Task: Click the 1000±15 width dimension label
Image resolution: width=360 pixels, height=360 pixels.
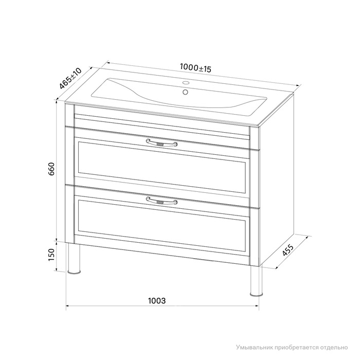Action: [x=195, y=68]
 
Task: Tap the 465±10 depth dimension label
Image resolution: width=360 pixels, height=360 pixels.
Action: [x=70, y=79]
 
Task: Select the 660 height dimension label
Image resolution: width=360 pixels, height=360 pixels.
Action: [x=51, y=169]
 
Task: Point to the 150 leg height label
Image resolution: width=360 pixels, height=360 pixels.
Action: [x=51, y=255]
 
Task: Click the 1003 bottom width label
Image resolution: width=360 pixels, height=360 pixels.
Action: [x=157, y=301]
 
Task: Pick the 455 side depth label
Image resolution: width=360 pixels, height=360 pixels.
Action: [x=287, y=250]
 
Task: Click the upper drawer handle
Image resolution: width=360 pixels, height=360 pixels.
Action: [x=161, y=143]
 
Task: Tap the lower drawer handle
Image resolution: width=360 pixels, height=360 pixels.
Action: [x=161, y=201]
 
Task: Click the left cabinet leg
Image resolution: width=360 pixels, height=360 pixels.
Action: [x=74, y=259]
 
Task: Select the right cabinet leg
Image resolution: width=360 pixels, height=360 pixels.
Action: [x=256, y=281]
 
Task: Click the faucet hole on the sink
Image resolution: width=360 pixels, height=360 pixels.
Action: [x=186, y=83]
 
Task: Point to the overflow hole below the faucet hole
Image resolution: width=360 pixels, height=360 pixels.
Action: [x=185, y=92]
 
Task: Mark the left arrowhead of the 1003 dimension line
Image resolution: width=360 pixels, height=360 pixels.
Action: [x=68, y=306]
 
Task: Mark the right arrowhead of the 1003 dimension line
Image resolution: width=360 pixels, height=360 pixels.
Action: [x=257, y=306]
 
